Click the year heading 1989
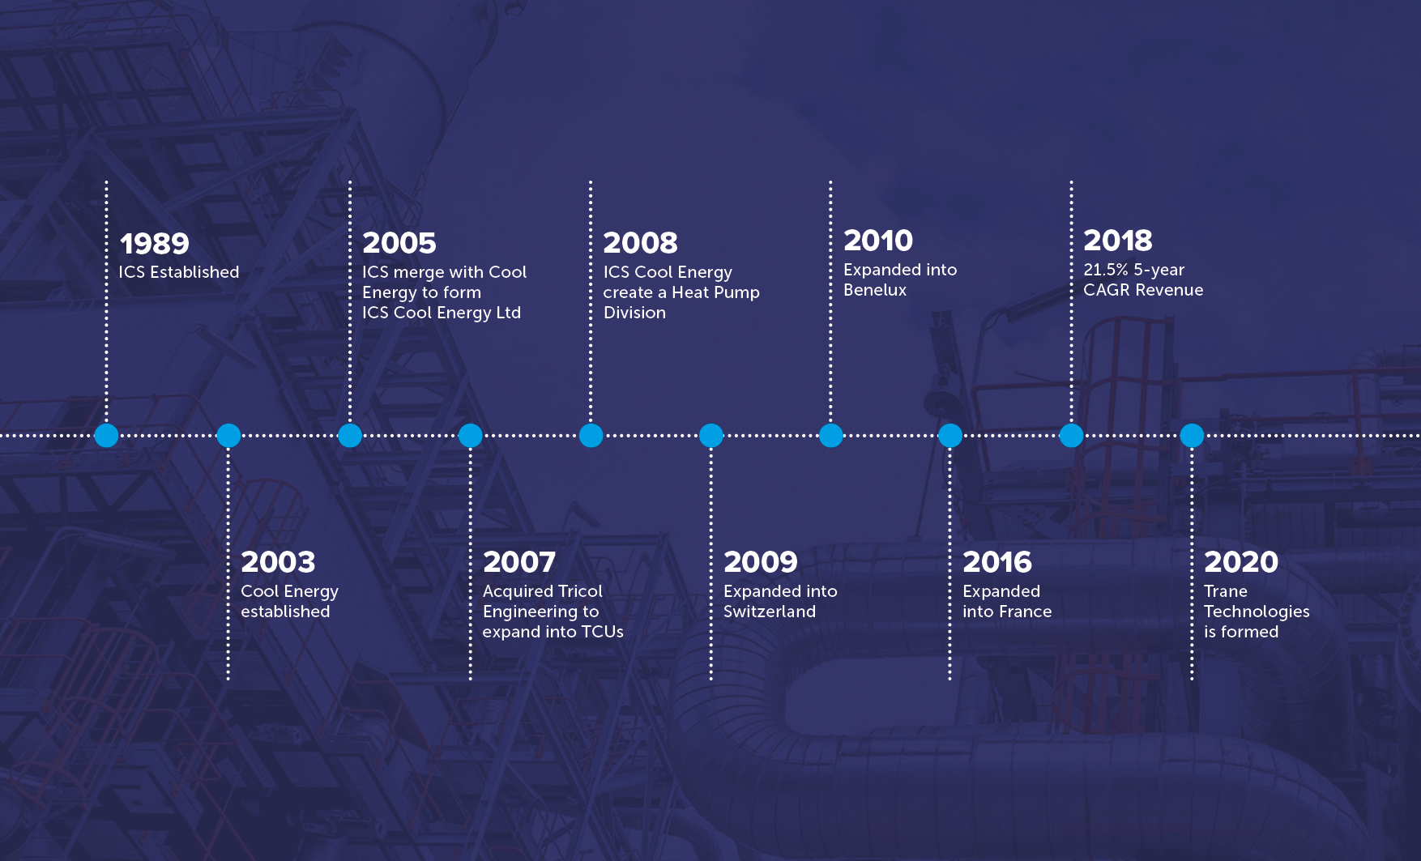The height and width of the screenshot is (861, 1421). pos(154,244)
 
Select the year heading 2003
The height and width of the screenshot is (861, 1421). pos(278,562)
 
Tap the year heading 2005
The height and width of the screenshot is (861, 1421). pos(399,243)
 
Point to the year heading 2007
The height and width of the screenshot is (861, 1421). pos(519,562)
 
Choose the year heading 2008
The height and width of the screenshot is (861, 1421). pos(640,243)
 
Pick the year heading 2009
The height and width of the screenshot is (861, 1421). pos(760,562)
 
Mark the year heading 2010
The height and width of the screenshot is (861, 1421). pos(878,241)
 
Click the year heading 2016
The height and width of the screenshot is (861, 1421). pos(997,562)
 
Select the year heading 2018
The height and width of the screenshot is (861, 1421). pos(1118,241)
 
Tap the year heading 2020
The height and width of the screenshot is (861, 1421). pos(1241,562)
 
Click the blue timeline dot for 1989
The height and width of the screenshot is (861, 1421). pos(106,436)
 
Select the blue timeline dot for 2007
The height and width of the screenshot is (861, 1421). pos(470,436)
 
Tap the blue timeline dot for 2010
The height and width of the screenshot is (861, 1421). pos(830,436)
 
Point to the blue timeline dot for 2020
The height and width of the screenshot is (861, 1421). pos(1192,436)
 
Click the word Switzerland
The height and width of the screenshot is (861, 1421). pos(770,612)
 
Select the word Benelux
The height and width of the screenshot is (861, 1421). pos(875,291)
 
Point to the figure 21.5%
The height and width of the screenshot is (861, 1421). pos(1106,271)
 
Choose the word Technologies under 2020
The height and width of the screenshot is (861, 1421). pos(1257,612)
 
